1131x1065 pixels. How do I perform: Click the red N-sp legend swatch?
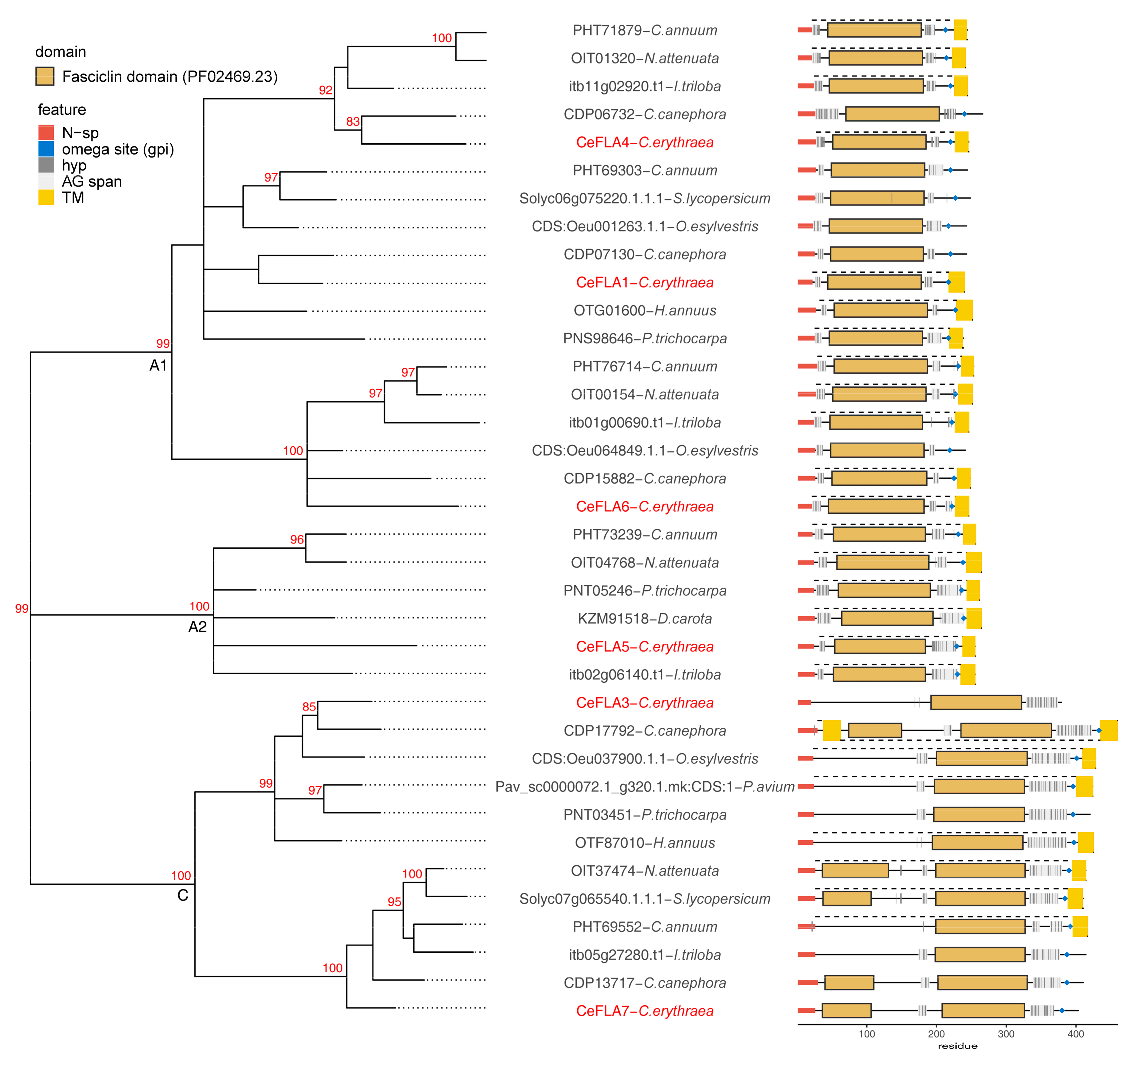[46, 133]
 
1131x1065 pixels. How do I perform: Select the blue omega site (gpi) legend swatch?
[46, 149]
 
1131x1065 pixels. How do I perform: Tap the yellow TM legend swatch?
[46, 197]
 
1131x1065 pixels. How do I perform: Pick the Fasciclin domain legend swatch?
[45, 76]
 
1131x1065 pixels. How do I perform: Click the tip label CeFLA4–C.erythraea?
[645, 142]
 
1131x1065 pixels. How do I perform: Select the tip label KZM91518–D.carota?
[645, 618]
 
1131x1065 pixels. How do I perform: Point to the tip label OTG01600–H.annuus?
[645, 311]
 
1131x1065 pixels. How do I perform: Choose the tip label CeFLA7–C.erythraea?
[645, 1011]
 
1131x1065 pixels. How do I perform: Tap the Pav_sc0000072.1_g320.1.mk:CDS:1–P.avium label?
[645, 787]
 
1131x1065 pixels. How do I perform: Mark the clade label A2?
[197, 627]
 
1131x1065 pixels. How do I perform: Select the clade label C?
[183, 895]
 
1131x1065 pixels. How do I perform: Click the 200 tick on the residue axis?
[936, 1034]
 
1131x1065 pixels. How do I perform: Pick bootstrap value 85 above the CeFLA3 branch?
[309, 707]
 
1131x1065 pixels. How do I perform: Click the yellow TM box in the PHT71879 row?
[960, 30]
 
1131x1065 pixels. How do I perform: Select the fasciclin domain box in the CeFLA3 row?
[976, 703]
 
